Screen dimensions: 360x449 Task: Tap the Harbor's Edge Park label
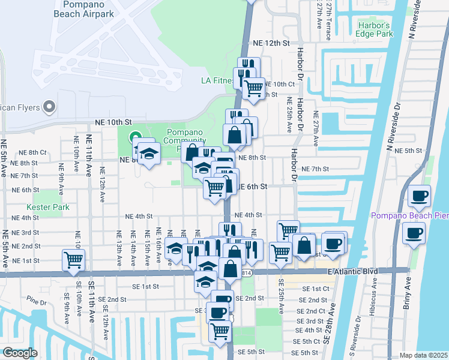375,30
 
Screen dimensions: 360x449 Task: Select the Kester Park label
52,207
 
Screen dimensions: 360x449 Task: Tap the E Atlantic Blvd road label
353,272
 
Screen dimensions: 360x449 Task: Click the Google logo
19,353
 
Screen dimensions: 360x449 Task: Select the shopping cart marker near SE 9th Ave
74,260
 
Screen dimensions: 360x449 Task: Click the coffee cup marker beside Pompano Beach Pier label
420,195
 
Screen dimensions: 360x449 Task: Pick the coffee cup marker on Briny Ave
414,232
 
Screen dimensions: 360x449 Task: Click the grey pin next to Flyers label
50,107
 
